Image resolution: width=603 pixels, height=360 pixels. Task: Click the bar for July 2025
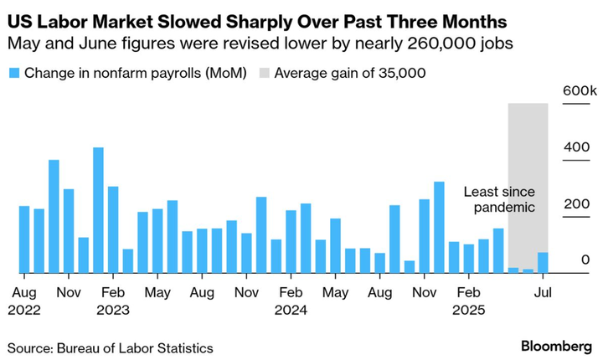tap(543, 263)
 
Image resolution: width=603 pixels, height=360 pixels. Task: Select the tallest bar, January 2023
tap(98, 210)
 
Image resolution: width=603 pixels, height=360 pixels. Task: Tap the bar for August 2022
tap(24, 239)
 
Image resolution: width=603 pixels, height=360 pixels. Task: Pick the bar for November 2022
tap(69, 231)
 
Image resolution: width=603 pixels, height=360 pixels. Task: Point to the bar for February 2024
tap(291, 241)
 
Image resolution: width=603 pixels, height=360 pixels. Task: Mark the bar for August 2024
tap(379, 263)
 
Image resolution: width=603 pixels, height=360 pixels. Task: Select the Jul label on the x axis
tap(543, 293)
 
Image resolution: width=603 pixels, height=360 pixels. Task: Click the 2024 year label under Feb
tap(291, 309)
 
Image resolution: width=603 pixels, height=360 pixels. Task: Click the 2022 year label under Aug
tap(24, 309)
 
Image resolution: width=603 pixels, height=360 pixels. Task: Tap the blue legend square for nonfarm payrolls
tap(13, 73)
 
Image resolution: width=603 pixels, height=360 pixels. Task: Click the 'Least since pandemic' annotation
tap(499, 199)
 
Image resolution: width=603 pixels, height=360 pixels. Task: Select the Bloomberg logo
tap(556, 346)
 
